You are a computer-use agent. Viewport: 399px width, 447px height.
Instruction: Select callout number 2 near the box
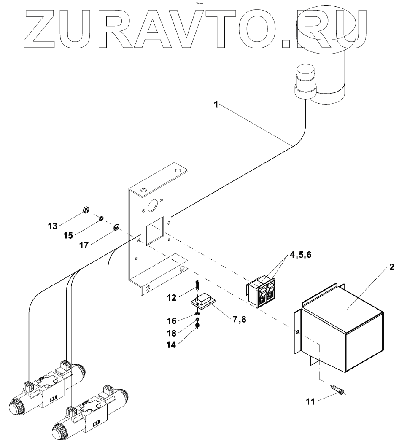(x=391, y=267)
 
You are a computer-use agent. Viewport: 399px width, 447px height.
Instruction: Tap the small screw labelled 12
(x=197, y=286)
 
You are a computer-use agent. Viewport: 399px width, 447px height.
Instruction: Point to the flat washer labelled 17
(x=116, y=228)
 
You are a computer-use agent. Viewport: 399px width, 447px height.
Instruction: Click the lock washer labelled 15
(x=101, y=218)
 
